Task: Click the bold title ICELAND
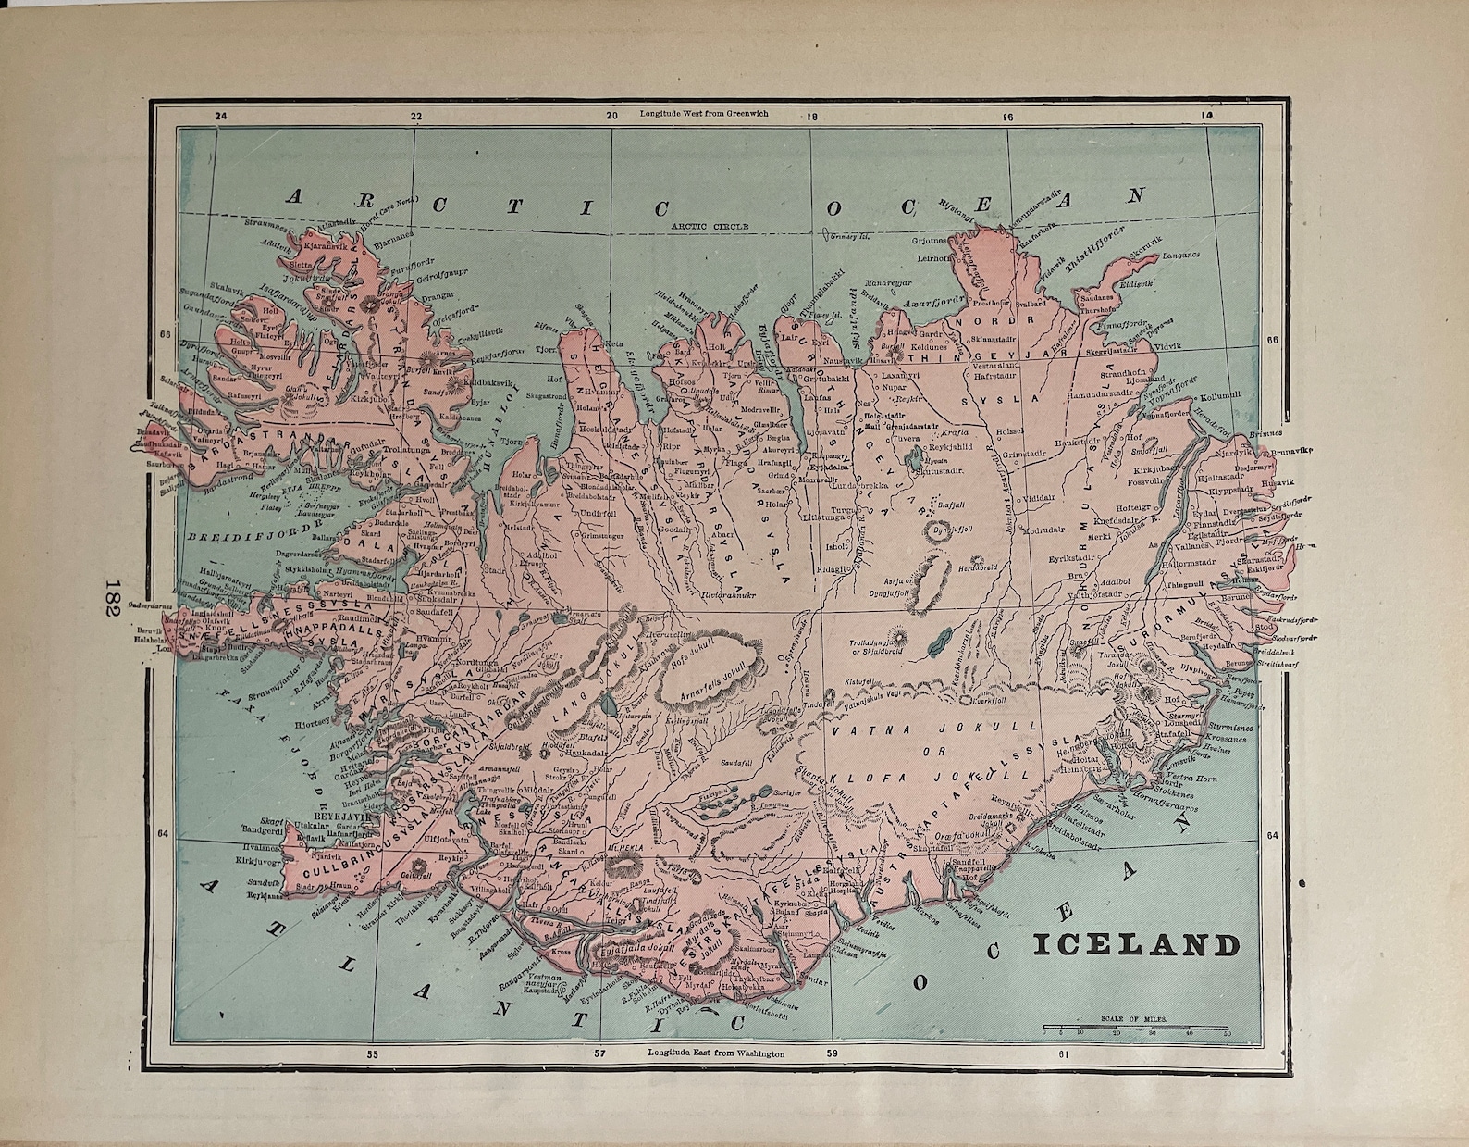pyautogui.click(x=1135, y=945)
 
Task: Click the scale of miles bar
pyautogui.click(x=1136, y=1027)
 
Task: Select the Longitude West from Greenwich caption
pyautogui.click(x=703, y=113)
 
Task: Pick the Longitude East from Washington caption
pyautogui.click(x=716, y=1053)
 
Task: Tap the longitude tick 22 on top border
pyautogui.click(x=415, y=117)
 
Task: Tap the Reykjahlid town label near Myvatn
pyautogui.click(x=947, y=446)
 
